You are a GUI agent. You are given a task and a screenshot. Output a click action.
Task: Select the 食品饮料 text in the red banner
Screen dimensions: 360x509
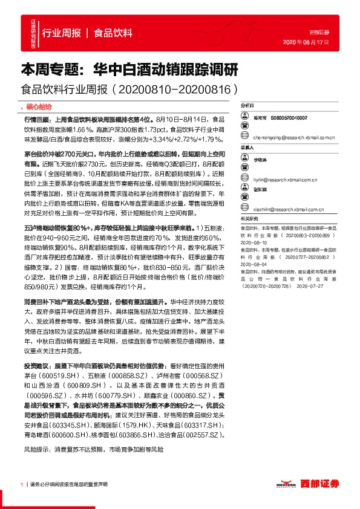point(113,33)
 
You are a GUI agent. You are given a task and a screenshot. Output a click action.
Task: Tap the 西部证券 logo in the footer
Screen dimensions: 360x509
point(317,484)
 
